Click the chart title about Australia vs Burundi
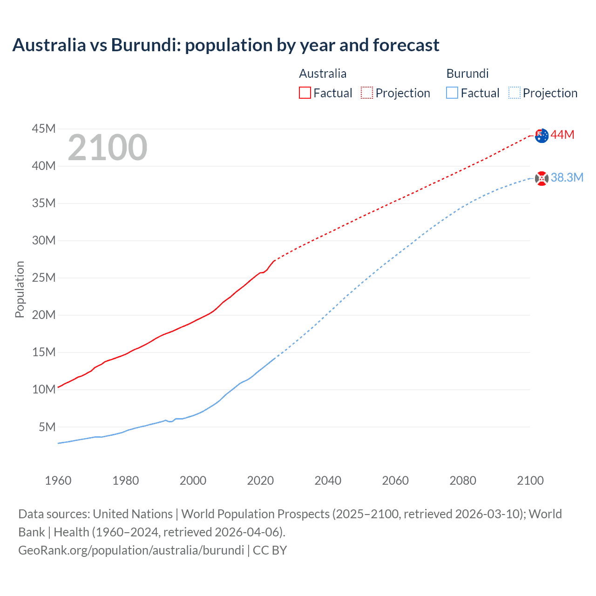coord(226,45)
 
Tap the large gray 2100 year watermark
coord(108,148)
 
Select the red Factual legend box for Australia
coord(305,93)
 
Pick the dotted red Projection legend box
coord(367,93)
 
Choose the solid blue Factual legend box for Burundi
coord(452,93)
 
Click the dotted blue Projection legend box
coord(515,93)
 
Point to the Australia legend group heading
coord(323,74)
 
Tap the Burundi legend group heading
coord(467,74)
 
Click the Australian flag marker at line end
coord(542,135)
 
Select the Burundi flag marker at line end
coord(542,178)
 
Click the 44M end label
coord(562,135)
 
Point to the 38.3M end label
coord(567,178)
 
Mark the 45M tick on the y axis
coord(44,129)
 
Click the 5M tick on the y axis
coord(47,427)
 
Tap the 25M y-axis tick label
coord(44,278)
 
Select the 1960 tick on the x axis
coord(58,481)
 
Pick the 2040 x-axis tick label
coord(328,481)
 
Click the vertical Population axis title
coord(20,289)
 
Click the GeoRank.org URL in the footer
coord(131,550)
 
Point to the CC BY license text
coord(270,550)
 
